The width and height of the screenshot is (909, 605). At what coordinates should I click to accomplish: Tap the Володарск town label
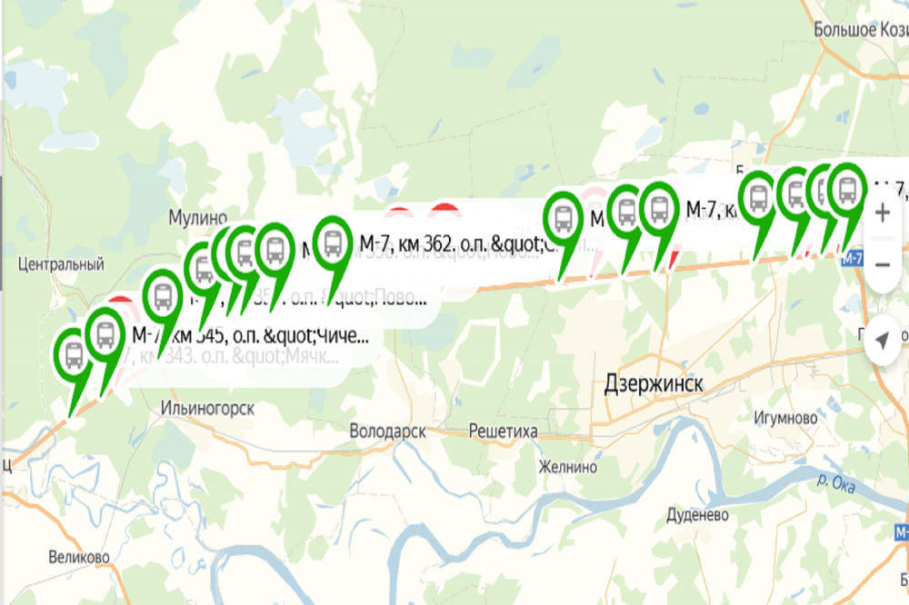point(388,431)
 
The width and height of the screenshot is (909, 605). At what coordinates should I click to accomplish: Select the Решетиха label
point(504,431)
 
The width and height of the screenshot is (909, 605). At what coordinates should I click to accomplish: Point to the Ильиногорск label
point(206,408)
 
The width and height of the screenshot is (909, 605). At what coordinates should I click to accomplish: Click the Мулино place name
point(197,218)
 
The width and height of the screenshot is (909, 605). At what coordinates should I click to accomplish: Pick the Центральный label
point(61,264)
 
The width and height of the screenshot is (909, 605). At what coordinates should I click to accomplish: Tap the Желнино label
point(568,467)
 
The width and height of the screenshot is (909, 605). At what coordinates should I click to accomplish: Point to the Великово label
point(80,556)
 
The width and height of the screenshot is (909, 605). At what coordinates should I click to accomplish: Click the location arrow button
point(881,341)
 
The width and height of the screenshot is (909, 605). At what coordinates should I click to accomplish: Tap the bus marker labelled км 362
point(334,242)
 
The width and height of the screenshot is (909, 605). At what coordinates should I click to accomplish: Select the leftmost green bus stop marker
point(74,355)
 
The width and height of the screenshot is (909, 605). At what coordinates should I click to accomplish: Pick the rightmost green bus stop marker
point(847,190)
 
